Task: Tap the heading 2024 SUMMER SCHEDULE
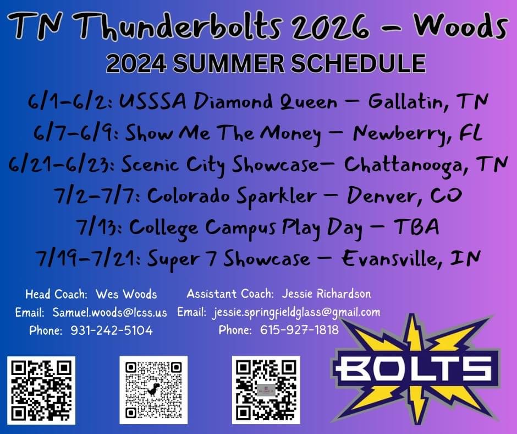pos(266,63)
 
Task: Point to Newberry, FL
pos(418,133)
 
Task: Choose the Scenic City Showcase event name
pos(220,165)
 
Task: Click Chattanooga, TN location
pos(425,165)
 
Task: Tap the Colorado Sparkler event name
pos(232,196)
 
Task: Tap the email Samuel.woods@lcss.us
pos(109,312)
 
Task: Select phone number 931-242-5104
pos(112,330)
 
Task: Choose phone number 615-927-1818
pos(299,330)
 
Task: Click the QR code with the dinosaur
pos(153,390)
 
